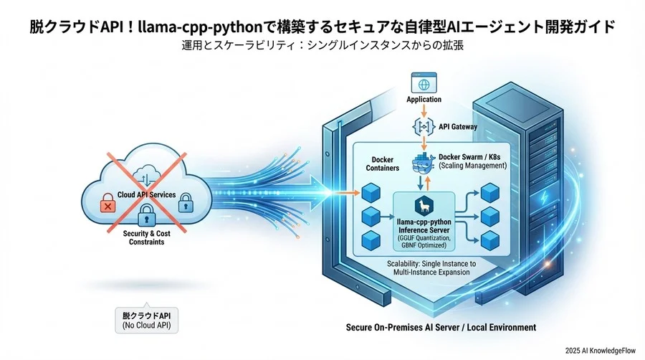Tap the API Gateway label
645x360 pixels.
coord(455,126)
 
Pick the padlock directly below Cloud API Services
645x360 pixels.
coord(147,213)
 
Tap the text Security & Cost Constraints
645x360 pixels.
coord(147,237)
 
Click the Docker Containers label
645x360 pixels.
coord(383,164)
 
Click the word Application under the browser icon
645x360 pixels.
coord(424,100)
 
